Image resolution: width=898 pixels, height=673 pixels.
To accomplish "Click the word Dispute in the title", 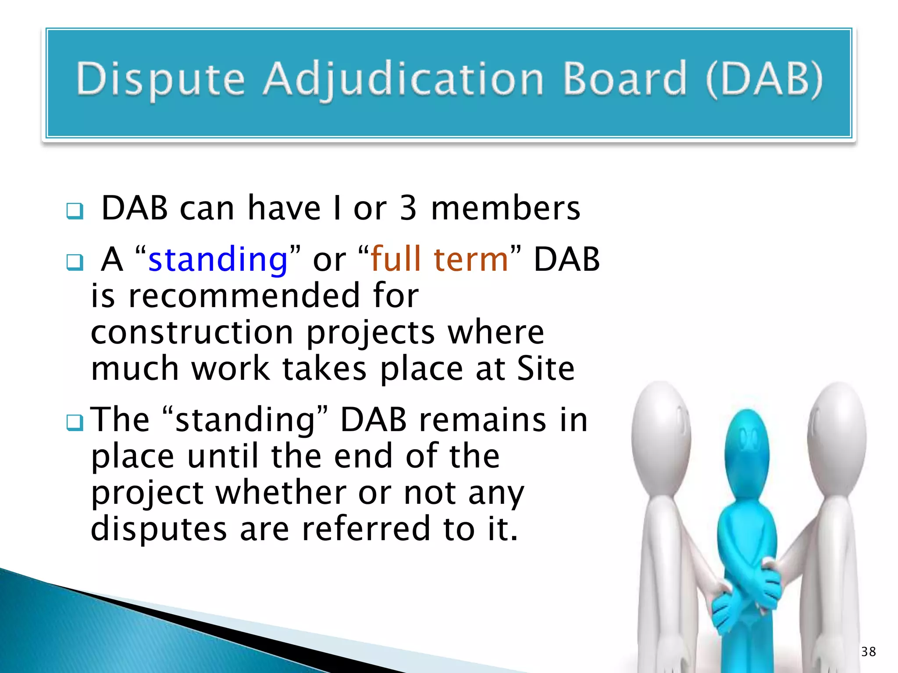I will [160, 79].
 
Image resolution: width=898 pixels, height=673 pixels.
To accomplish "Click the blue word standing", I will [218, 259].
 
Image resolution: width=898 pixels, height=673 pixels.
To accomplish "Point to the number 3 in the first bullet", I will [408, 208].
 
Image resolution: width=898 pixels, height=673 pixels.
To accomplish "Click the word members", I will [506, 208].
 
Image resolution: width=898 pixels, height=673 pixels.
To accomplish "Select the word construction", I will [192, 332].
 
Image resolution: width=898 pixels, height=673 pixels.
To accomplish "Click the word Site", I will [545, 368].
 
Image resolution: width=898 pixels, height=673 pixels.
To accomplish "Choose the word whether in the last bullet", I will [281, 492].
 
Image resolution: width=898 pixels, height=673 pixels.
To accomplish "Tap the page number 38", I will [868, 652].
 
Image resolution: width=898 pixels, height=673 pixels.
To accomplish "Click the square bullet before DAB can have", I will [75, 211].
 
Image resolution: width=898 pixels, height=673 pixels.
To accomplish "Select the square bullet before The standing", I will [75, 423].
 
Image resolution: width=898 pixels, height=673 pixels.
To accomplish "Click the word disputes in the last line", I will [159, 529].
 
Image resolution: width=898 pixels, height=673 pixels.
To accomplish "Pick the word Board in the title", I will [624, 79].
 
